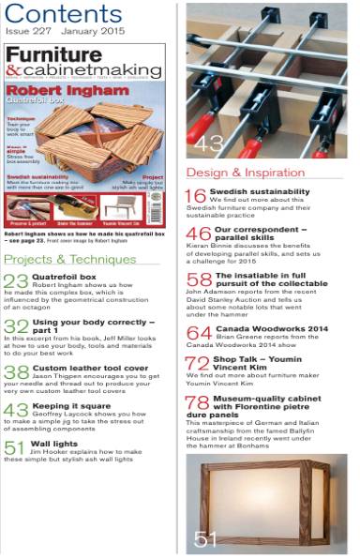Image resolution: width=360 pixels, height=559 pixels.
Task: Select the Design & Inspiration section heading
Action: coord(243,173)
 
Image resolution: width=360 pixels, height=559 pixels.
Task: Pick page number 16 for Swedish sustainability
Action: coord(195,196)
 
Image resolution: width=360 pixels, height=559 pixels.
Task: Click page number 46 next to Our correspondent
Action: coord(197,234)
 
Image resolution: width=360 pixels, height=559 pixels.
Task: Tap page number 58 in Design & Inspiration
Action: coord(197,280)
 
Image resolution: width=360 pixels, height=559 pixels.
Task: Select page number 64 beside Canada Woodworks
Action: coord(197,333)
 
